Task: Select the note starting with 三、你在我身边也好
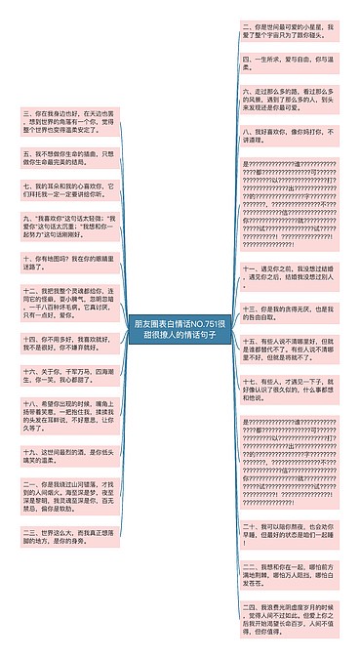pyautogui.click(x=69, y=124)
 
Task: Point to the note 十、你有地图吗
pyautogui.click(x=69, y=261)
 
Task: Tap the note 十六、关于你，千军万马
pyautogui.click(x=69, y=376)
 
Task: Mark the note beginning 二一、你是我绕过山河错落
pyautogui.click(x=69, y=495)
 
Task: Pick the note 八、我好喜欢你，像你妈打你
pyautogui.click(x=288, y=135)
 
